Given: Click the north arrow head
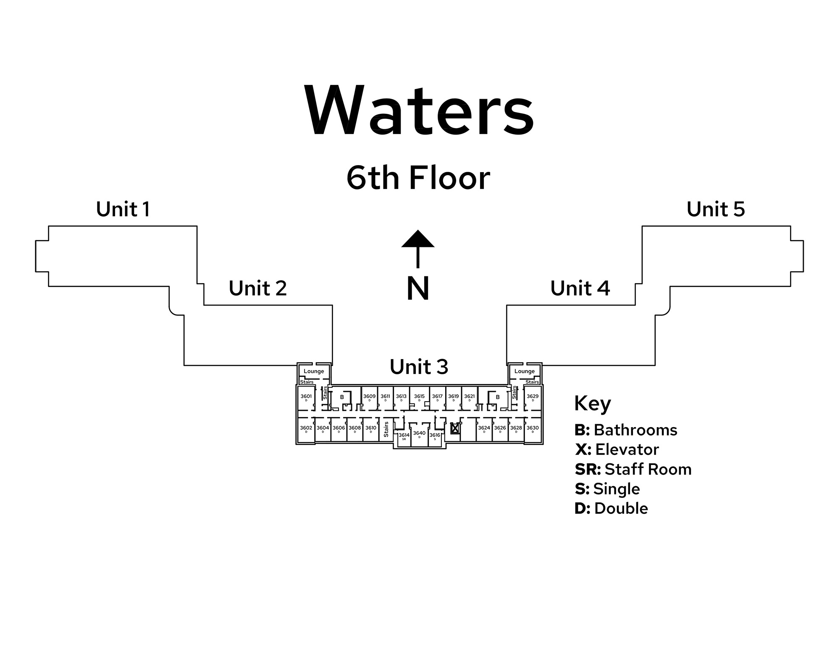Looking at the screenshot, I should [417, 239].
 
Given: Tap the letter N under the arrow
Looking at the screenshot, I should [418, 289].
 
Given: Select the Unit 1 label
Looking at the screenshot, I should [123, 209].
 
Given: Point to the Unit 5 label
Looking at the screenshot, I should [716, 209].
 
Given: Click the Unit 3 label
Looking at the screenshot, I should [419, 367].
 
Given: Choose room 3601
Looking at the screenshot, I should [306, 397].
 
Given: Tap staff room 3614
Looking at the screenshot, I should [404, 436].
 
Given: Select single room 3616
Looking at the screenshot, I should [435, 436].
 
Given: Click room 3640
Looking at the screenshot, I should [419, 434].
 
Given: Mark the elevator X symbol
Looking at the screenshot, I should [454, 429].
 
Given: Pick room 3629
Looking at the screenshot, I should [533, 397].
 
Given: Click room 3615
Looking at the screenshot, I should [419, 397].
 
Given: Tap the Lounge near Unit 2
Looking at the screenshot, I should [314, 371].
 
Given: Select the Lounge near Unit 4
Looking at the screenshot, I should [525, 371].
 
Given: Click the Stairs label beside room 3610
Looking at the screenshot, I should [386, 429].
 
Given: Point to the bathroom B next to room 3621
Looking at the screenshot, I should [498, 397].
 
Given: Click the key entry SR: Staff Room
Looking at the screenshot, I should [633, 469].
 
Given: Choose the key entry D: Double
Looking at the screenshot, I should [611, 508].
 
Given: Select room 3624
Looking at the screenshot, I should [484, 429].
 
